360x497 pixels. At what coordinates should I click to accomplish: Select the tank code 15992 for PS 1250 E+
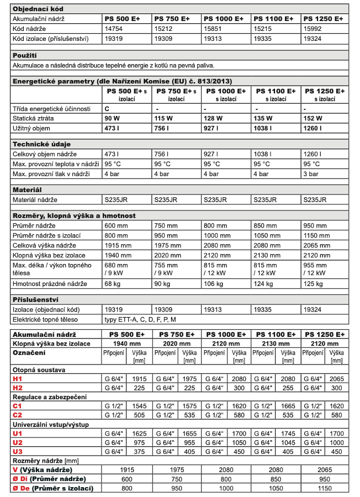(313, 29)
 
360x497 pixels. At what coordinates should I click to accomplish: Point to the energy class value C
(107, 109)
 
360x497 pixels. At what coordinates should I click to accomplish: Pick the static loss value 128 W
(213, 118)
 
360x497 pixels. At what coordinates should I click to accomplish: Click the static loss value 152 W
(313, 118)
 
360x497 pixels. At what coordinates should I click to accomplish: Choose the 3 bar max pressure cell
(311, 174)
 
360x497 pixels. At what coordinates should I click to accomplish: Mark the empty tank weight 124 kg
(262, 284)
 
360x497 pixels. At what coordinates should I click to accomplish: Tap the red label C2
(18, 415)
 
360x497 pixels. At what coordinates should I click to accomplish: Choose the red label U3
(18, 451)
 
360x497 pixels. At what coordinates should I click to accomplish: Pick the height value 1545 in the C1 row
(140, 406)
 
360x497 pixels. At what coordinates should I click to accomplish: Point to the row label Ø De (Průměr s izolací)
(52, 488)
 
